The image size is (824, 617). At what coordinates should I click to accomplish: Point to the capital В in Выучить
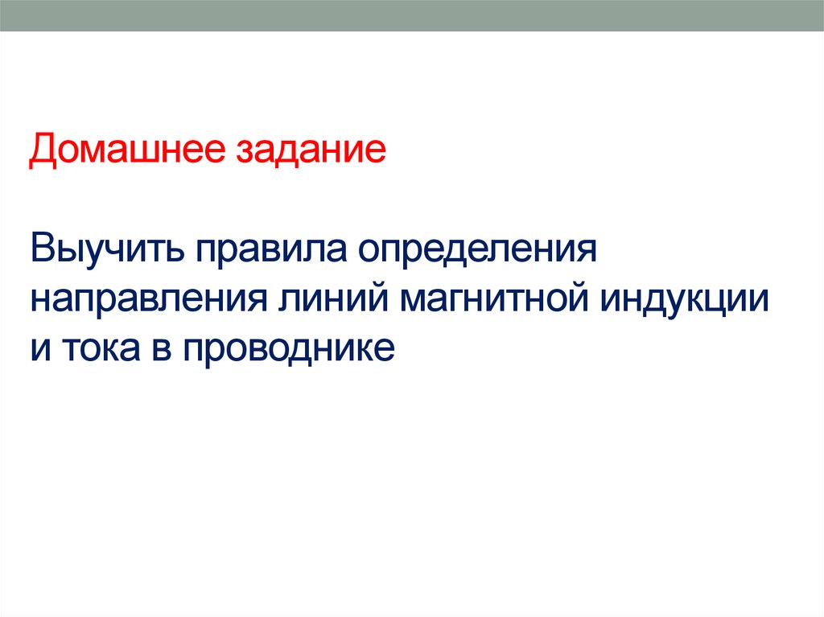pyautogui.click(x=43, y=251)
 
